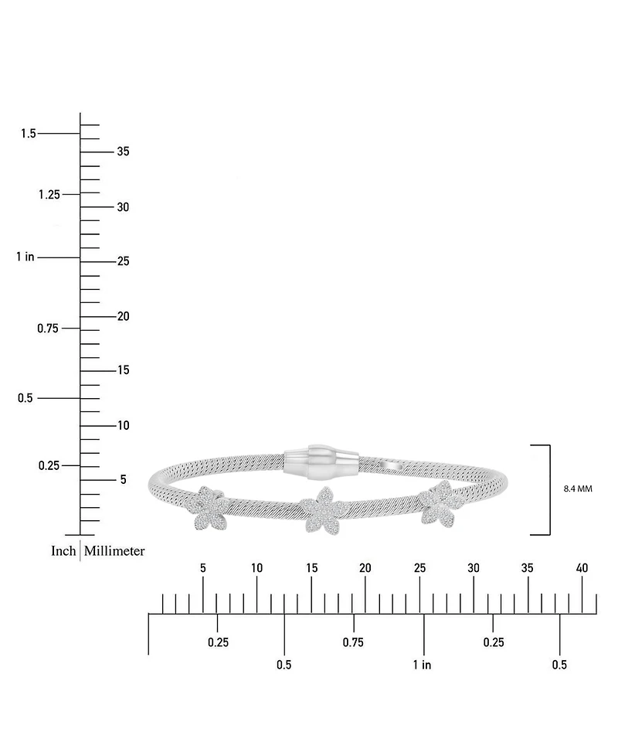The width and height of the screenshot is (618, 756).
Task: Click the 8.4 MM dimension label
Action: pyautogui.click(x=578, y=489)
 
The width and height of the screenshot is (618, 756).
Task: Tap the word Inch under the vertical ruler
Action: pyautogui.click(x=63, y=550)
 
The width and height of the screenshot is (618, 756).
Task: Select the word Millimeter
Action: pyautogui.click(x=114, y=550)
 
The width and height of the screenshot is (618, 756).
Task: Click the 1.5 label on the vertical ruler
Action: pyautogui.click(x=29, y=134)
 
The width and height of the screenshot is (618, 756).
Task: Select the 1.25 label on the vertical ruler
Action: pyautogui.click(x=49, y=195)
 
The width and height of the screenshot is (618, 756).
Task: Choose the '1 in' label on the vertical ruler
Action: pyautogui.click(x=25, y=257)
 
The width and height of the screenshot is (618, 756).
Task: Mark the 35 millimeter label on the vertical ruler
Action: pyautogui.click(x=124, y=152)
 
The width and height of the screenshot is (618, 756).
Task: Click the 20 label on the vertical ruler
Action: pyautogui.click(x=124, y=316)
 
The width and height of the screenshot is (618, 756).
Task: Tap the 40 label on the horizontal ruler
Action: pyautogui.click(x=582, y=568)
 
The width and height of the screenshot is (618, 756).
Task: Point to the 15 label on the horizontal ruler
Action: pyautogui.click(x=311, y=568)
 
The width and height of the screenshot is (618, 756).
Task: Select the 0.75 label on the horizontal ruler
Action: pyautogui.click(x=353, y=642)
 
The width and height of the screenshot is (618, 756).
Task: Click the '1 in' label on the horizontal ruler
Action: pyautogui.click(x=422, y=665)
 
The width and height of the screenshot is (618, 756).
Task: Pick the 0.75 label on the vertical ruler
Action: pyautogui.click(x=48, y=329)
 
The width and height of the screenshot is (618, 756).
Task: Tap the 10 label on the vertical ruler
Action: pyautogui.click(x=124, y=425)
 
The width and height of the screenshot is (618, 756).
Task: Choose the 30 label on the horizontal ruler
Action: pyautogui.click(x=474, y=568)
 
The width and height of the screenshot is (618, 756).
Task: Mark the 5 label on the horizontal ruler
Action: pyautogui.click(x=203, y=568)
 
